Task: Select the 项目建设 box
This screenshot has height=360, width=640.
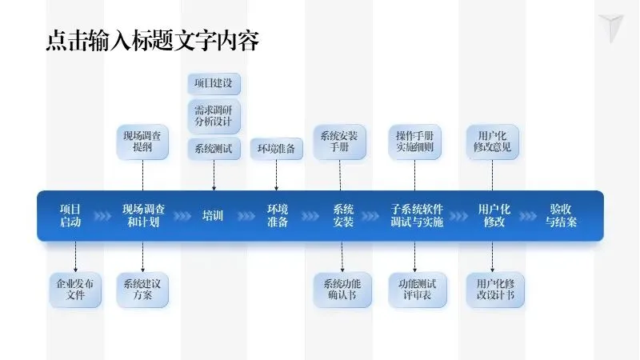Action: tap(214, 84)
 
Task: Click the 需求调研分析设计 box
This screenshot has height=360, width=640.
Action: tap(214, 116)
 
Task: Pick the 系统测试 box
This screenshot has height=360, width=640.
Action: tap(214, 148)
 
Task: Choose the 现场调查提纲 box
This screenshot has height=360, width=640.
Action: tap(142, 142)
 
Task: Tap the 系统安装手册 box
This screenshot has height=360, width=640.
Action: tap(339, 142)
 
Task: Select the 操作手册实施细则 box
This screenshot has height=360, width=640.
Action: tap(414, 142)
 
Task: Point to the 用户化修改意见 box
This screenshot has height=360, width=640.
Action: tap(491, 142)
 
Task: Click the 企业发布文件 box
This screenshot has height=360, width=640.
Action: tap(75, 290)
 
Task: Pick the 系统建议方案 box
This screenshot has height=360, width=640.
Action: tap(142, 290)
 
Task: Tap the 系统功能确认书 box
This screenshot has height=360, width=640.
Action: tap(342, 290)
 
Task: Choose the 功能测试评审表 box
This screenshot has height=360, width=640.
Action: tap(417, 290)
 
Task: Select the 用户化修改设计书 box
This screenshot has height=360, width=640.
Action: tap(494, 290)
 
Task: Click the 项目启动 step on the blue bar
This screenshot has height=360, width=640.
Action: tap(70, 216)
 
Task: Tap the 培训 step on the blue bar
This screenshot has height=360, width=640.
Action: tap(213, 216)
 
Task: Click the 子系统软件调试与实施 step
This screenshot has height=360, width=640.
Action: tap(417, 216)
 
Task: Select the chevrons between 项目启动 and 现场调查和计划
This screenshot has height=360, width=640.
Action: tap(103, 216)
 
